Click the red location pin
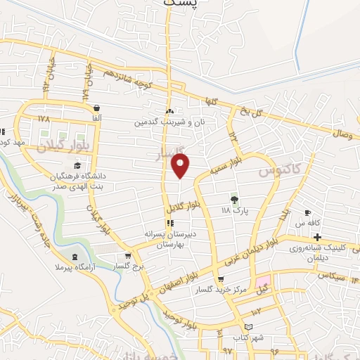[x=181, y=165]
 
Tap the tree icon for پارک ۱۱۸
[x=234, y=199]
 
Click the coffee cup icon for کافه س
[x=307, y=212]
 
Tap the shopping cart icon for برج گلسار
[x=127, y=257]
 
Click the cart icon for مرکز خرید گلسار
[x=221, y=279]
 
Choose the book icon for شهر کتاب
[x=247, y=327]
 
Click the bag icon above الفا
[x=96, y=108]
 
